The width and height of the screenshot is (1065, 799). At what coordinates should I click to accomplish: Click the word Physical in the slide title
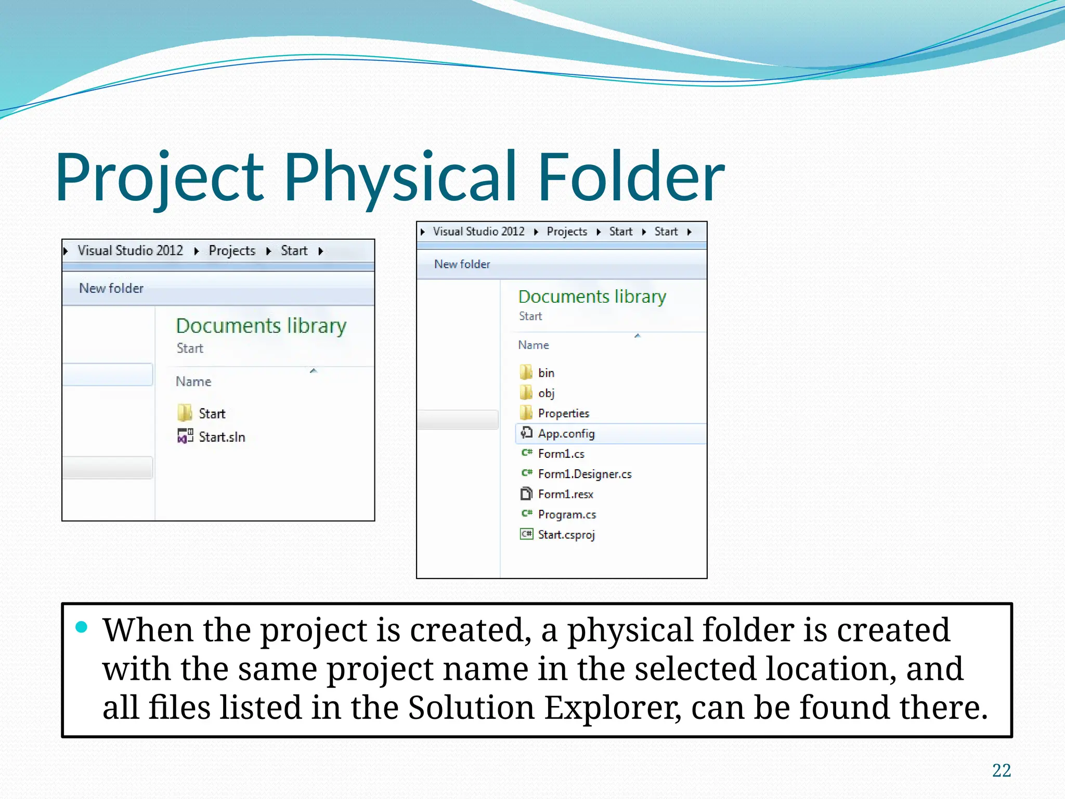pyautogui.click(x=400, y=177)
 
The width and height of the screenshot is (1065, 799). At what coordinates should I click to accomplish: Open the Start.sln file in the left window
pyautogui.click(x=221, y=437)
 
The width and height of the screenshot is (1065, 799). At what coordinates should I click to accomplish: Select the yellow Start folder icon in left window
pyautogui.click(x=185, y=413)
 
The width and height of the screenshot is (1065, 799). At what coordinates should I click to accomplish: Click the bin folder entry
pyautogui.click(x=546, y=373)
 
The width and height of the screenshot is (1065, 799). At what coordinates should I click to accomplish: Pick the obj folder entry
pyautogui.click(x=546, y=393)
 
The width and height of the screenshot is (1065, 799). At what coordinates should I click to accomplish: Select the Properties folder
pyautogui.click(x=563, y=414)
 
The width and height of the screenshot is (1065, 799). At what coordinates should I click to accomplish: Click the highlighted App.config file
pyautogui.click(x=566, y=434)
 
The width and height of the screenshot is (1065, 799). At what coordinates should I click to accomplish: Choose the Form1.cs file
pyautogui.click(x=561, y=454)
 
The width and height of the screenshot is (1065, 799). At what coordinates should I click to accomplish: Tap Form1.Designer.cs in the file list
pyautogui.click(x=584, y=474)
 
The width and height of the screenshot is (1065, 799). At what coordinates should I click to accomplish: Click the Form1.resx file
pyautogui.click(x=565, y=494)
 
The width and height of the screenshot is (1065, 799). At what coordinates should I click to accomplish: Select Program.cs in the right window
pyautogui.click(x=566, y=514)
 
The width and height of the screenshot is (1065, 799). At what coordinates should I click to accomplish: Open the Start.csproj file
pyautogui.click(x=566, y=535)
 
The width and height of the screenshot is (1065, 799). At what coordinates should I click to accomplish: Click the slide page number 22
pyautogui.click(x=1001, y=770)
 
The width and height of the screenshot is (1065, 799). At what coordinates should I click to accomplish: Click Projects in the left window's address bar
pyautogui.click(x=232, y=251)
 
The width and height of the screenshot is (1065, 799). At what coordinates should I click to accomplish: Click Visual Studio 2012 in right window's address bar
pyautogui.click(x=478, y=231)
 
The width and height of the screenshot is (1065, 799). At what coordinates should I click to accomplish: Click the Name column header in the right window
pyautogui.click(x=534, y=345)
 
